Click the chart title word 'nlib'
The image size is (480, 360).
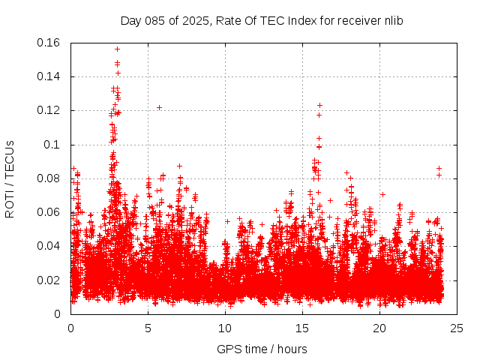pyautogui.click(x=392, y=20)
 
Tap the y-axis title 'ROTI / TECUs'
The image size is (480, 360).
pyautogui.click(x=10, y=178)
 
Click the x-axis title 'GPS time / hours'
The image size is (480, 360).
pyautogui.click(x=262, y=349)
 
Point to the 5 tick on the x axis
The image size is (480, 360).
pyautogui.click(x=148, y=328)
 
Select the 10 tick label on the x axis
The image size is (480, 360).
pyautogui.click(x=226, y=328)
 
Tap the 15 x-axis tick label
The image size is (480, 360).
pyautogui.click(x=303, y=328)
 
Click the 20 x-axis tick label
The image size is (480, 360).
pyautogui.click(x=380, y=328)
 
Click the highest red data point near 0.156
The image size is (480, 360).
pyautogui.click(x=117, y=49)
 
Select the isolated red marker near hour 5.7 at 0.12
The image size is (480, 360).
pyautogui.click(x=159, y=107)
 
